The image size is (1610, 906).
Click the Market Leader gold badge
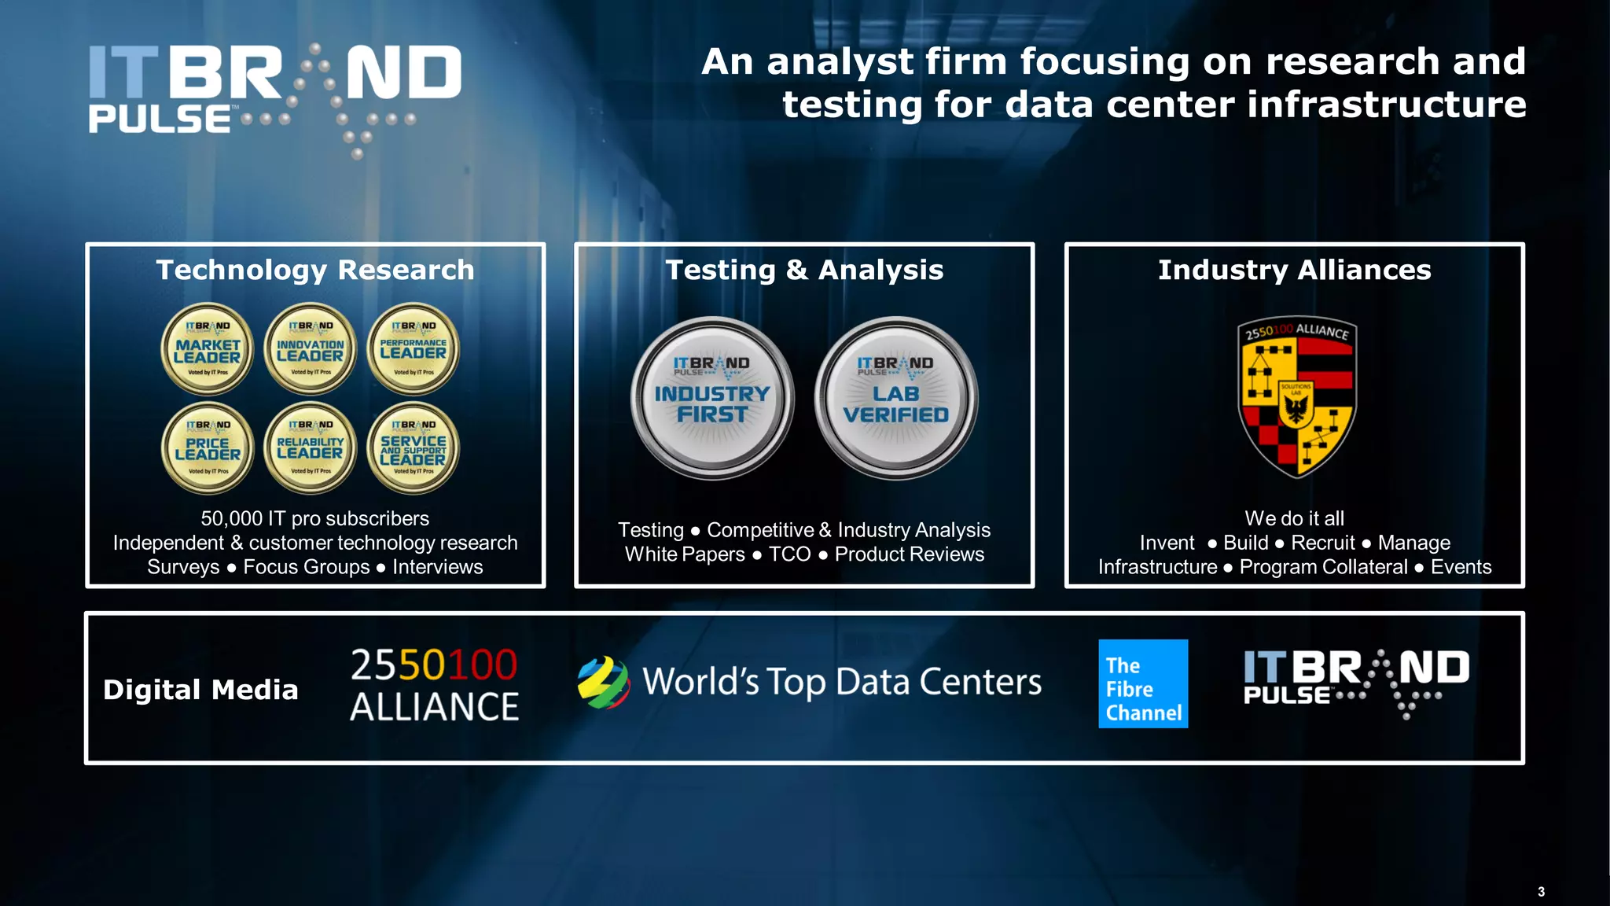pyautogui.click(x=208, y=348)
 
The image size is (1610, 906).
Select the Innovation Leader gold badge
pyautogui.click(x=311, y=348)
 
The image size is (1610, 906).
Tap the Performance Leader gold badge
pyautogui.click(x=414, y=348)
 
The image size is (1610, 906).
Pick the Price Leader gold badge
pyautogui.click(x=208, y=448)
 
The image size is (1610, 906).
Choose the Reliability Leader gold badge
pyautogui.click(x=311, y=448)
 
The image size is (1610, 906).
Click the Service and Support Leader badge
pyautogui.click(x=414, y=448)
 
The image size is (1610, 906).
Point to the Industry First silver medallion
pyautogui.click(x=712, y=399)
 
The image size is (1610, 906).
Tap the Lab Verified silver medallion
pyautogui.click(x=896, y=399)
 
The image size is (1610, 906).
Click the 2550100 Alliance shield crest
pyautogui.click(x=1296, y=397)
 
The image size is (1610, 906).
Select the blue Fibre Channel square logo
pyautogui.click(x=1143, y=683)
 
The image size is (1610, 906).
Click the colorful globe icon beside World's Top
pyautogui.click(x=603, y=683)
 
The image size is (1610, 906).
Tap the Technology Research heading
pyautogui.click(x=315, y=270)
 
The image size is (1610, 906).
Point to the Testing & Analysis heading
pyautogui.click(x=804, y=270)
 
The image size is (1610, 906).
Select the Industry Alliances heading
pyautogui.click(x=1294, y=270)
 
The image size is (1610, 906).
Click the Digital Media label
pyautogui.click(x=200, y=690)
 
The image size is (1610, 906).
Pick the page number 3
pyautogui.click(x=1541, y=892)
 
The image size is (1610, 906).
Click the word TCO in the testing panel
pyautogui.click(x=789, y=554)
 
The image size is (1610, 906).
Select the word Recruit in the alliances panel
pyautogui.click(x=1323, y=543)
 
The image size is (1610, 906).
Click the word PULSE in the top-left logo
pyautogui.click(x=160, y=120)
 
